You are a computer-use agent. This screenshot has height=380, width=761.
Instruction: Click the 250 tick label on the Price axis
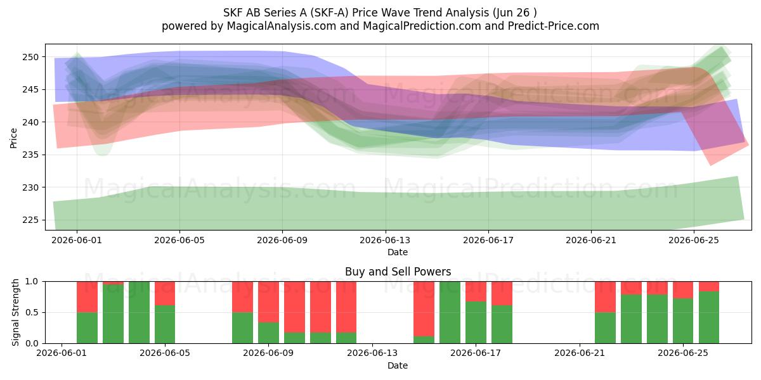tap(30, 57)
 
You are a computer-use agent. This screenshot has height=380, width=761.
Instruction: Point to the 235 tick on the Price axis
tap(30, 155)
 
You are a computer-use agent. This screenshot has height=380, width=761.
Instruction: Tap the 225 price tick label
tap(30, 220)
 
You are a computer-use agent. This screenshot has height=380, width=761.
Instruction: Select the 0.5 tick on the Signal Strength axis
tap(32, 312)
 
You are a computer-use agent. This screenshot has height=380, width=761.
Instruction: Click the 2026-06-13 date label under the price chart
tap(385, 240)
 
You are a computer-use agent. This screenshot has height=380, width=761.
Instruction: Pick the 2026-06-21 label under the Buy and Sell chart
tap(580, 353)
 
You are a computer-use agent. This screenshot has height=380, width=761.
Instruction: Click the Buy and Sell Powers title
tap(398, 272)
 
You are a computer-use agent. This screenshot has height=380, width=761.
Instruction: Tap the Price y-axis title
tap(13, 138)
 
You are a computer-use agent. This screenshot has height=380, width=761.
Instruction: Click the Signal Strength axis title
tap(15, 312)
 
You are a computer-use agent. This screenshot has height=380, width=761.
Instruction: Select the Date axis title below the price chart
tap(398, 252)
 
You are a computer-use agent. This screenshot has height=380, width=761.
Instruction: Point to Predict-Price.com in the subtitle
tap(554, 26)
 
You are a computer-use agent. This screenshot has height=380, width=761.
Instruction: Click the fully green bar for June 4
tap(139, 312)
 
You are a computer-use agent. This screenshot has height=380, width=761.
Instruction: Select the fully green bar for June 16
tap(450, 312)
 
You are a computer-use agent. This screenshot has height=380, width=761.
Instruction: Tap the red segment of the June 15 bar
tap(424, 309)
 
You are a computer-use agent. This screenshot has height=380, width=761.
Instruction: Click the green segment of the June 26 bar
tap(709, 317)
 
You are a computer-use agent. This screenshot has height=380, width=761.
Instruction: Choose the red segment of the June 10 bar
tap(294, 307)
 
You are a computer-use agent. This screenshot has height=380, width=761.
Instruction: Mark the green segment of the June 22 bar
tap(605, 328)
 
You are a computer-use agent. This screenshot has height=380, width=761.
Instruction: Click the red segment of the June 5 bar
tap(165, 293)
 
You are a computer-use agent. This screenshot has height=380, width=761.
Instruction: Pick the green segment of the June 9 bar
tap(268, 333)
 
